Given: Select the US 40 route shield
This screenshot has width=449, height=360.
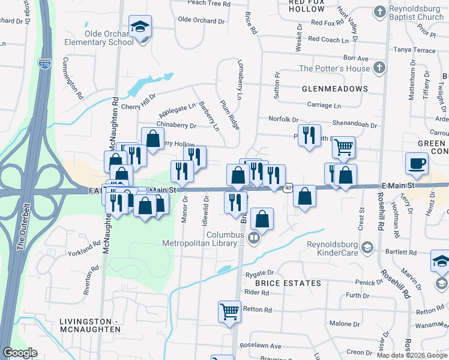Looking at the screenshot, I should coord(288,189).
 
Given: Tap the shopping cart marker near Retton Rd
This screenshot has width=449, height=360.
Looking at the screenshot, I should coord(229,311).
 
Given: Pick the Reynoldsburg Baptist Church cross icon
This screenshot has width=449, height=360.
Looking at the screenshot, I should coord(379,11).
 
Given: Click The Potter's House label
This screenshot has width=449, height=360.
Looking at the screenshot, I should coord(334,68).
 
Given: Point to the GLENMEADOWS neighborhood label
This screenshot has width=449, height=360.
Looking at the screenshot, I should coord(335,89).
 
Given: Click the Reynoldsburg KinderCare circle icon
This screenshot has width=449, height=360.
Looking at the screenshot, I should coord(367,245).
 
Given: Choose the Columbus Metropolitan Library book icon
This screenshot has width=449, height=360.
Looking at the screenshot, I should coord(254,239).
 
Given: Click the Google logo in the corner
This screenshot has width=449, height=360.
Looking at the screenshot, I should coord(20,353).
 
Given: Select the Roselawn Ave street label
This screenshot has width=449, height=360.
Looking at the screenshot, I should coord(259,346).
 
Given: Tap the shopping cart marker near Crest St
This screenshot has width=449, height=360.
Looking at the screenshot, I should coord(343,147).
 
